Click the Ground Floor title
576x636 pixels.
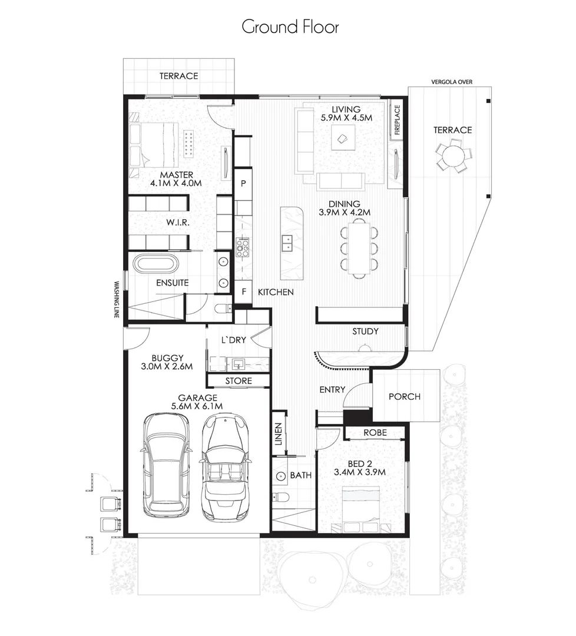pyautogui.click(x=290, y=26)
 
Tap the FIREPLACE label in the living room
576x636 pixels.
pyautogui.click(x=397, y=120)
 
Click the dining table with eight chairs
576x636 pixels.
pyautogui.click(x=358, y=247)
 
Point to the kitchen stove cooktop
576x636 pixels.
pyautogui.click(x=243, y=248)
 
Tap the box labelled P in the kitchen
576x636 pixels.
pyautogui.click(x=243, y=183)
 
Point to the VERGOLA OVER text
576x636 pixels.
pyautogui.click(x=452, y=82)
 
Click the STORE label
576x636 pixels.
pyautogui.click(x=238, y=381)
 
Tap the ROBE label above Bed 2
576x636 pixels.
pyautogui.click(x=375, y=432)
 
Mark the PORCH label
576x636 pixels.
pyautogui.click(x=405, y=396)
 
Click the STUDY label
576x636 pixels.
pyautogui.click(x=365, y=332)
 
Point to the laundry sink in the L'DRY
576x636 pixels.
pyautogui.click(x=239, y=363)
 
